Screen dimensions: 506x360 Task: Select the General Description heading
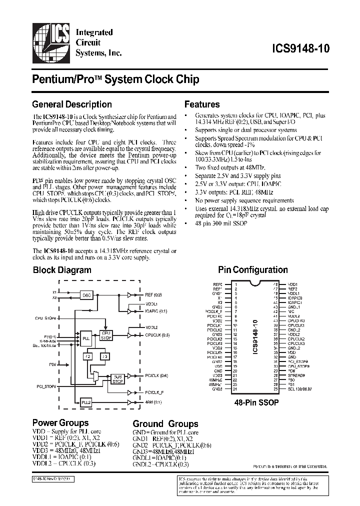pyautogui.click(x=71, y=104)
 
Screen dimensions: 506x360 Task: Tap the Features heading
pyautogui.click(x=202, y=104)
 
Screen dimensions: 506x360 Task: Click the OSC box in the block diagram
pyautogui.click(x=87, y=295)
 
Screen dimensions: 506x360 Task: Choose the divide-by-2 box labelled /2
pyautogui.click(x=88, y=356)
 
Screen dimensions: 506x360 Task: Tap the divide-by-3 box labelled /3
pyautogui.click(x=104, y=356)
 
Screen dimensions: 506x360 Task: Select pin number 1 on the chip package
pyautogui.click(x=235, y=284)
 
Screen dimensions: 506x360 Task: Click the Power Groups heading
pyautogui.click(x=60, y=422)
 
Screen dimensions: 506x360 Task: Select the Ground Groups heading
pyautogui.click(x=165, y=423)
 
